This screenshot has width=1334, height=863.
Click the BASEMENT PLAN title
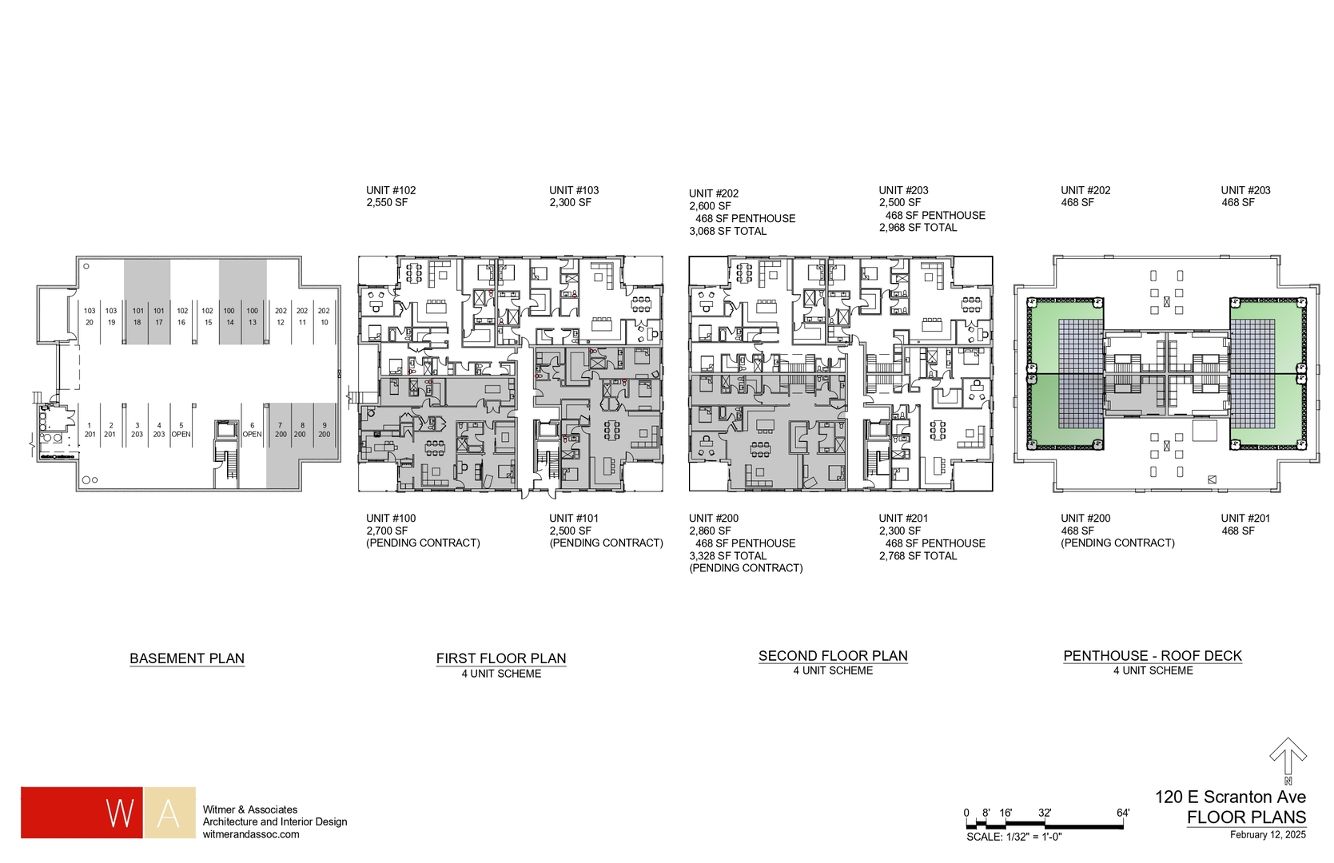click(187, 658)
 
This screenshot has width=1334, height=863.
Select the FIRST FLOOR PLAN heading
click(501, 658)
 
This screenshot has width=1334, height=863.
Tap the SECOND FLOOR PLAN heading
click(833, 655)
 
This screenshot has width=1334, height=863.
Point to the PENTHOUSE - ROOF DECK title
click(1153, 655)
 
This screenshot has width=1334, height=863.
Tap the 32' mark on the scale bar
click(1045, 813)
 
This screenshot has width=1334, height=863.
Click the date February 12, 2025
click(1268, 835)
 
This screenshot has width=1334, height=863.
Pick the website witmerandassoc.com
click(251, 834)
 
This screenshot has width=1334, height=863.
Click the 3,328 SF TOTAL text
click(727, 555)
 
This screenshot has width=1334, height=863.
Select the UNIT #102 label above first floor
click(391, 190)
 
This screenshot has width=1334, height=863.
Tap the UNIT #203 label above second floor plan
click(903, 190)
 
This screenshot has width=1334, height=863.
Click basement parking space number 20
click(90, 316)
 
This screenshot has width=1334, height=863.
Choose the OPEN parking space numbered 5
click(181, 430)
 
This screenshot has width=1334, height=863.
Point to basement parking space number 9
click(325, 430)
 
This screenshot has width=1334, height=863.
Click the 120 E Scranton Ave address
click(1230, 797)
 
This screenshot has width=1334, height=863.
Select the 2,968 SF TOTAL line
click(918, 227)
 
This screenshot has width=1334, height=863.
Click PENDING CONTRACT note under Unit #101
click(606, 543)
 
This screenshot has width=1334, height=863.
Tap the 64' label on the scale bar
click(1123, 813)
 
